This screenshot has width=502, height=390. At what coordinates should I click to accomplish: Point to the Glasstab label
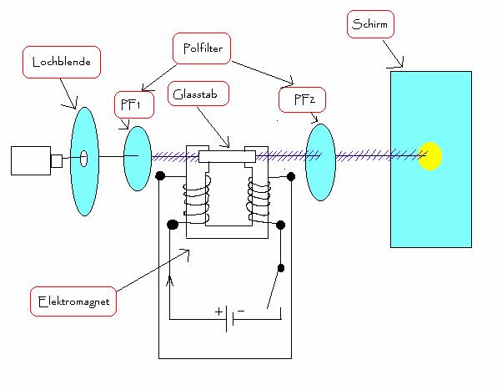point(195,94)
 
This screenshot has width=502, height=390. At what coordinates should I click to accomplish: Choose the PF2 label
point(301,101)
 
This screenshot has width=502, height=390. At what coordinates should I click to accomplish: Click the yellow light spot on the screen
point(429,156)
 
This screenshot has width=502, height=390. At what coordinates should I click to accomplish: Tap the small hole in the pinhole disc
point(84,155)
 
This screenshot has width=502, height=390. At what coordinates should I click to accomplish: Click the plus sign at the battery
point(220,311)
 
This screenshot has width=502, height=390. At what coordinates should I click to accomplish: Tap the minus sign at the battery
point(241,311)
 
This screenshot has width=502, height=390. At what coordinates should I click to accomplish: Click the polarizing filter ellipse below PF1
point(137,159)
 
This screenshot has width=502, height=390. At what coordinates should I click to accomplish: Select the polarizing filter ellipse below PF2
point(320,161)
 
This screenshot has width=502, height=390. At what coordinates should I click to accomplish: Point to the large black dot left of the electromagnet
point(173,225)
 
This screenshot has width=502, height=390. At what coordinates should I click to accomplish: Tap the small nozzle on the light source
point(57,160)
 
